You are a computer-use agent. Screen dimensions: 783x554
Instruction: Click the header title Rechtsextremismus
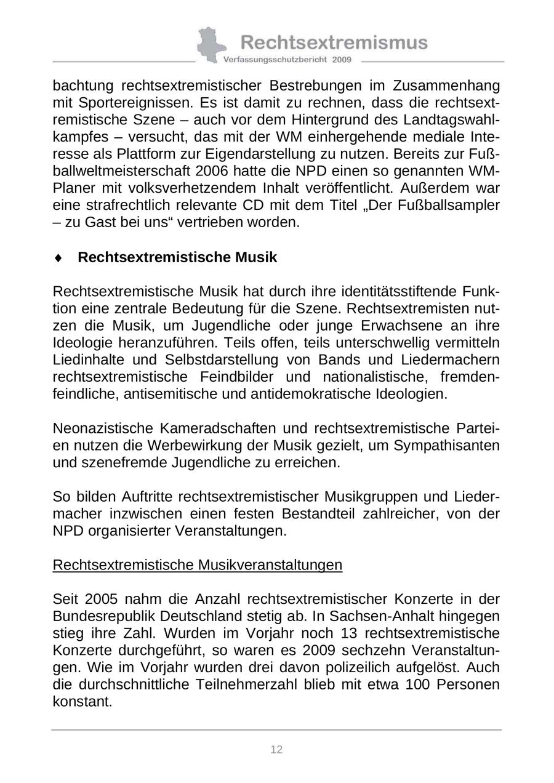pos(334,42)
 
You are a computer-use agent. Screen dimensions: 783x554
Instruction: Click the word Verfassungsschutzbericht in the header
pos(276,60)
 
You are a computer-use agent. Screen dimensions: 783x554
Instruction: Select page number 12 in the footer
pos(276,749)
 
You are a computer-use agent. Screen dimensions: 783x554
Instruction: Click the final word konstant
pos(82,702)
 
